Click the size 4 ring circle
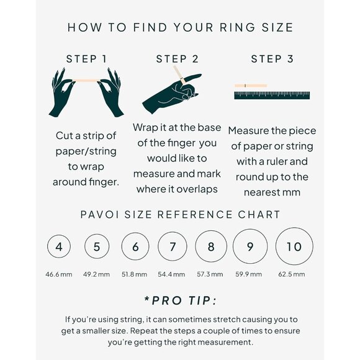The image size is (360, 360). [x=48, y=246]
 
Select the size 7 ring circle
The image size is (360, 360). [x=158, y=246]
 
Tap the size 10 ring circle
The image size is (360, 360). [x=276, y=246]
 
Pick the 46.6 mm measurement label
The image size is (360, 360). [x=59, y=274]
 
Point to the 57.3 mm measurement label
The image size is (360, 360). [x=210, y=274]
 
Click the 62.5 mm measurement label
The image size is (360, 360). [x=292, y=274]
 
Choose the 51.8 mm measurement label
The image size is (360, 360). [x=134, y=274]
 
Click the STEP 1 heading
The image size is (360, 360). [x=86, y=59]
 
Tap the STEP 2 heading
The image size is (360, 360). [x=178, y=59]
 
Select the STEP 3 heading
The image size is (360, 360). [x=272, y=59]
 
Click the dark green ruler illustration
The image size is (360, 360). [x=272, y=96]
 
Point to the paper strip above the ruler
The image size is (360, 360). [x=251, y=86]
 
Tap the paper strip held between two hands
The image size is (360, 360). [x=86, y=80]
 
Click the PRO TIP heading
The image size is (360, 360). [x=181, y=300]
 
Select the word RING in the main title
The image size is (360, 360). [x=237, y=27]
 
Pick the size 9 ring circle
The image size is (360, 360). [x=233, y=246]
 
